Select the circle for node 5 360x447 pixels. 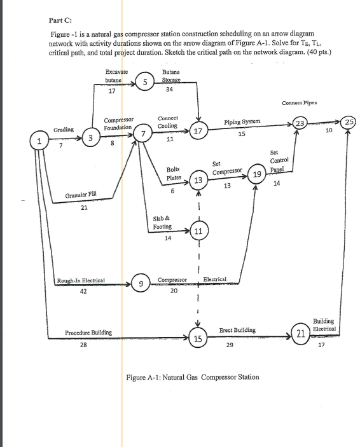point(146,82)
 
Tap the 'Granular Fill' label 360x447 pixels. point(82,196)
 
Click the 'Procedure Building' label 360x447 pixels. point(88,333)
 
